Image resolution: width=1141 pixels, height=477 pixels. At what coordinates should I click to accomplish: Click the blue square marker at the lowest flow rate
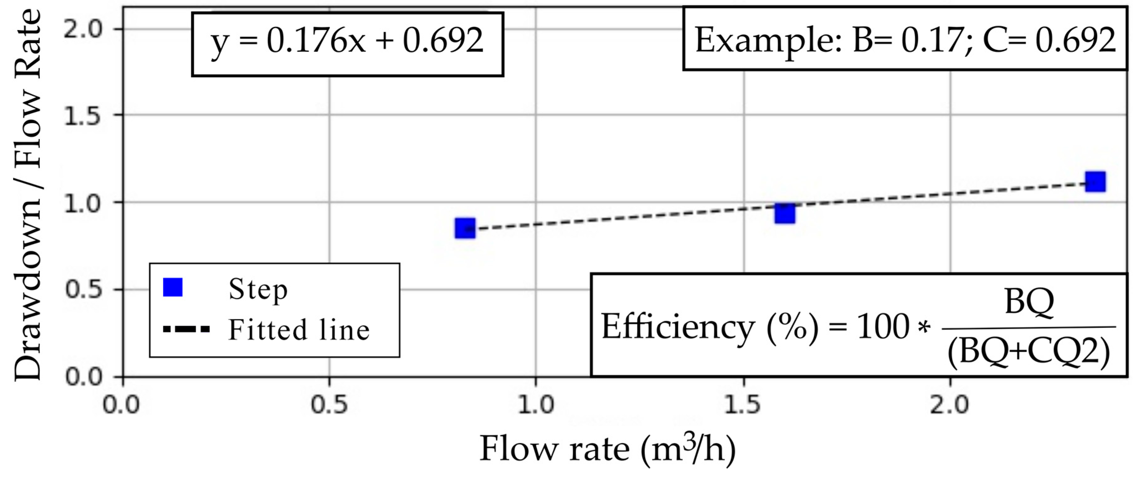tap(465, 228)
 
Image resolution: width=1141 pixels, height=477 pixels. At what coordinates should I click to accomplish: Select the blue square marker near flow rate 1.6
tap(784, 214)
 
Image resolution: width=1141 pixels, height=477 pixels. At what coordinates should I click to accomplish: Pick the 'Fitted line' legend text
tap(299, 330)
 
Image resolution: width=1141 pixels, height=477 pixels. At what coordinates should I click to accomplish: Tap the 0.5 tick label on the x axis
tap(329, 405)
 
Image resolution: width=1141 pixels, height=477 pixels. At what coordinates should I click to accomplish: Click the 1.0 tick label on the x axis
tap(536, 405)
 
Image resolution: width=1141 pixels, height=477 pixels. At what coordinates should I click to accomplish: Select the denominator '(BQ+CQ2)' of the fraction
tap(1029, 353)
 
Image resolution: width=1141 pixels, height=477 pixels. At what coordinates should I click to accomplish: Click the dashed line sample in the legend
tap(186, 329)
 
